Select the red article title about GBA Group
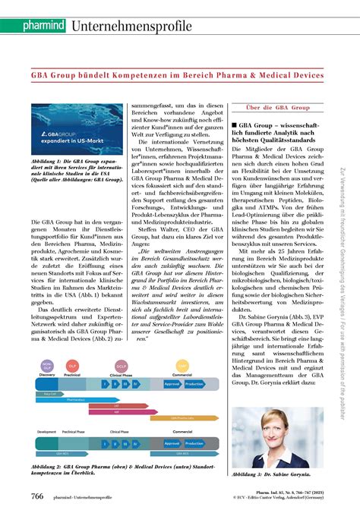[x=178, y=76]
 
